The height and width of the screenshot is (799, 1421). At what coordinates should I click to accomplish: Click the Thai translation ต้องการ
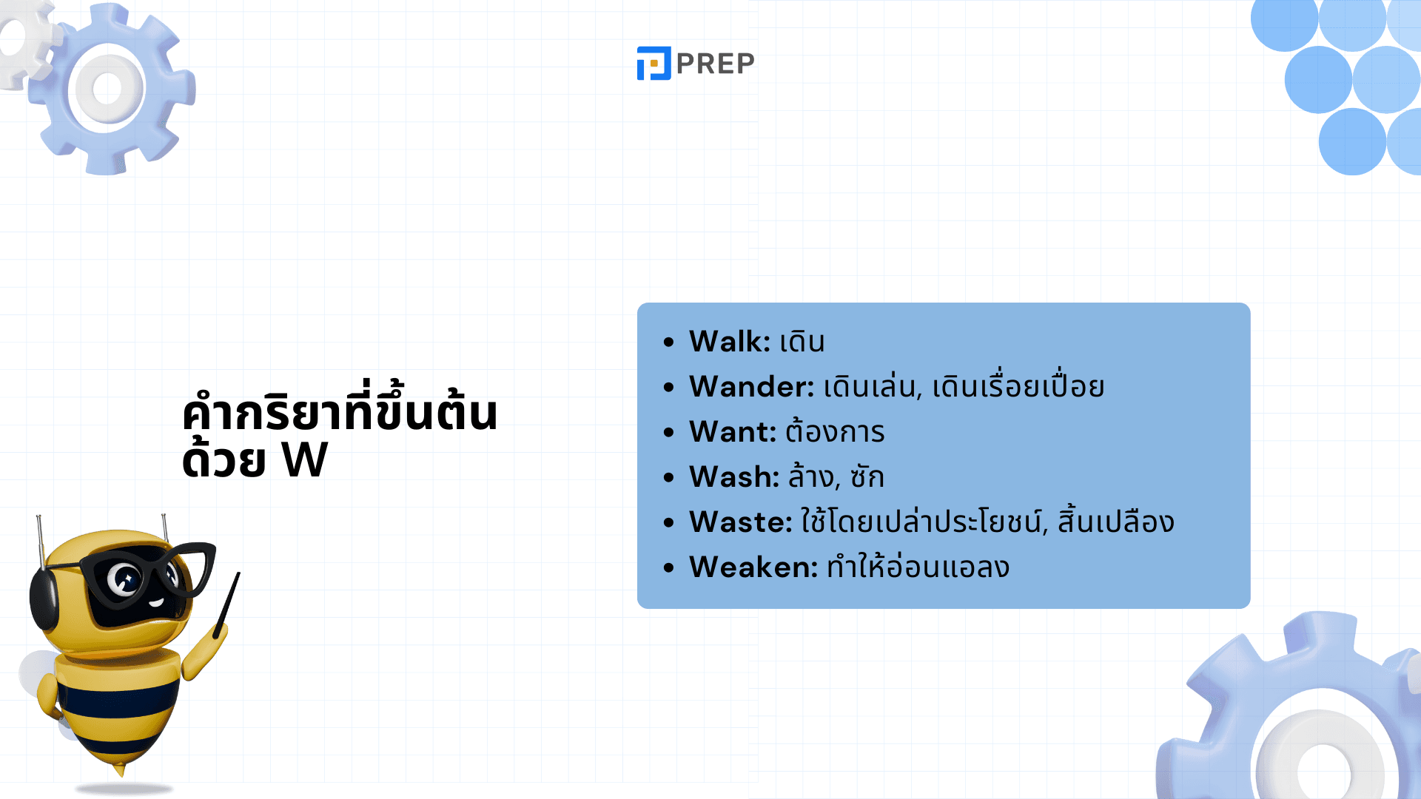point(835,431)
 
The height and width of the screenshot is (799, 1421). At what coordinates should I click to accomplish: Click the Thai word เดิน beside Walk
point(802,341)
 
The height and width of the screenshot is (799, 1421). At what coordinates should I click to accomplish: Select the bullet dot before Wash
point(669,478)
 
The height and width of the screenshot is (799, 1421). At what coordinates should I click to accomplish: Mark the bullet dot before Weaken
point(669,568)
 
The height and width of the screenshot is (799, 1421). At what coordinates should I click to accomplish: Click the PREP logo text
point(715,64)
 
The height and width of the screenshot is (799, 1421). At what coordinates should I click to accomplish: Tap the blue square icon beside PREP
point(654,63)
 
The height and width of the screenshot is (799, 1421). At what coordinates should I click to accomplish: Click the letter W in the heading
point(305,460)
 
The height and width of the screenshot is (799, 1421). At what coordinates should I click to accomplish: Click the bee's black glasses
point(148,573)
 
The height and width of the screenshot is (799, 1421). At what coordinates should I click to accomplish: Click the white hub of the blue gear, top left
point(107,89)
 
